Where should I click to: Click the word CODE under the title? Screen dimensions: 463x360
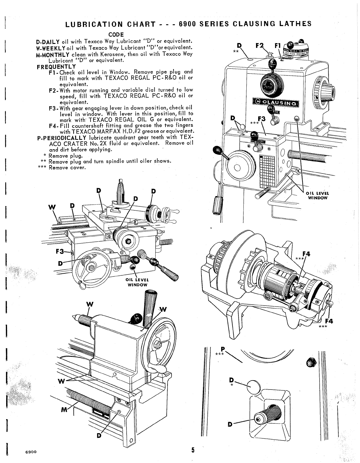tap(117, 35)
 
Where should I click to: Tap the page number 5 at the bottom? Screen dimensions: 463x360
tap(193, 450)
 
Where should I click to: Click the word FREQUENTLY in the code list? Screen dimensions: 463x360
tap(56, 67)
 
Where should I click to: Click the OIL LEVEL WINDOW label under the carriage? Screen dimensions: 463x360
tap(137, 282)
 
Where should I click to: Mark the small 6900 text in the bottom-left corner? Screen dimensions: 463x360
tap(30, 451)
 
